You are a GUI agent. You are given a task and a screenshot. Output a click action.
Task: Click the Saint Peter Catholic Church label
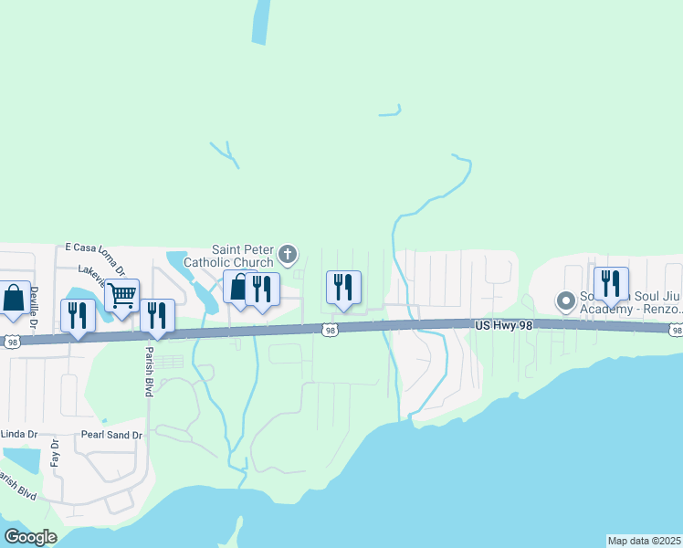243,255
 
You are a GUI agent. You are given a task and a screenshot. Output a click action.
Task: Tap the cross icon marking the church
288,253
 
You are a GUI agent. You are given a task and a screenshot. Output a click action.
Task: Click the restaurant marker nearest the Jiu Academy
611,284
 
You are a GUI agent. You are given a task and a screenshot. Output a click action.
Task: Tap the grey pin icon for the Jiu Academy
566,300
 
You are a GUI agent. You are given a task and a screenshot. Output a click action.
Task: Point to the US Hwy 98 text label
503,325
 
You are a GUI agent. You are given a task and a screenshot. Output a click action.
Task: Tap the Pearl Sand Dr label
111,436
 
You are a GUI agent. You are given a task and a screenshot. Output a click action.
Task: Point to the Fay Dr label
54,454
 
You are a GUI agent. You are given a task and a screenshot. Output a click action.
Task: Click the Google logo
30,537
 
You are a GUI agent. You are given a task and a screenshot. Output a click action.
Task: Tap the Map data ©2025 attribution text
644,541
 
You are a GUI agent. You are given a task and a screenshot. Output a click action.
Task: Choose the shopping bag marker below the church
238,288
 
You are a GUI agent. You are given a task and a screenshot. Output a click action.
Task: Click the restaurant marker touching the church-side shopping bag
262,290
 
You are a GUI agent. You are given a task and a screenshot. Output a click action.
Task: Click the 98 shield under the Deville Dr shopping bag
10,342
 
